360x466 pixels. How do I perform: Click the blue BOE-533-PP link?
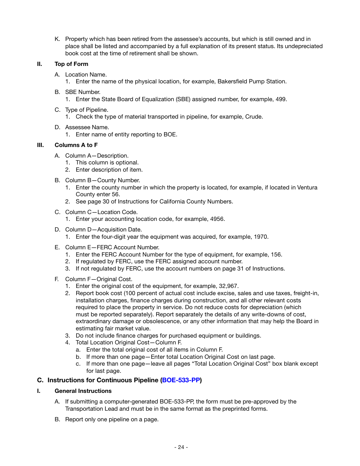(x=181, y=380)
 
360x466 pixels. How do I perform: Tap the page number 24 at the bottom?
(x=181, y=447)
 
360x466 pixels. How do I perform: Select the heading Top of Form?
(x=71, y=64)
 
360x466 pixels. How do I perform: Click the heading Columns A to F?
(x=76, y=145)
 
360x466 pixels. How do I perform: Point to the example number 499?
(x=280, y=99)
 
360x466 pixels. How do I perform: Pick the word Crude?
(x=254, y=117)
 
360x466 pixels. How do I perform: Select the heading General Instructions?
(x=83, y=391)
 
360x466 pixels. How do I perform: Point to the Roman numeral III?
(x=41, y=145)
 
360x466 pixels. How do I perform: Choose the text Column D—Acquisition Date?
(x=103, y=230)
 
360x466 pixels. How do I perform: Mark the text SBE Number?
(x=83, y=92)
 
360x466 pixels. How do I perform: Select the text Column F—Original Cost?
(x=99, y=279)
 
